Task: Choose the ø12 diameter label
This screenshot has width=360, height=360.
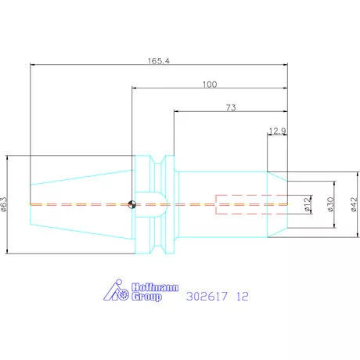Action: click(308, 205)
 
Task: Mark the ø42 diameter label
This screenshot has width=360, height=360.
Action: click(354, 205)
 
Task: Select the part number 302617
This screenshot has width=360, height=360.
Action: click(207, 297)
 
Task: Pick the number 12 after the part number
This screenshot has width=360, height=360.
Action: click(243, 297)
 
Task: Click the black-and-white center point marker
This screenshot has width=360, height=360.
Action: click(132, 205)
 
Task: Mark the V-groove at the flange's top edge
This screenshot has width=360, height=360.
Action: click(160, 164)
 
